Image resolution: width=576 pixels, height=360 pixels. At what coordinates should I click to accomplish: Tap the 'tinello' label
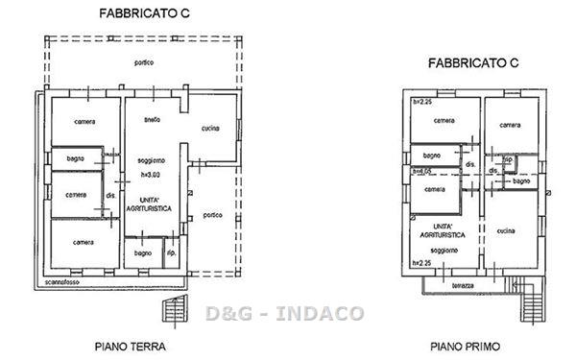coord(153,120)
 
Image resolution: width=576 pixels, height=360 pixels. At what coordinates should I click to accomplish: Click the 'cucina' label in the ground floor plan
coord(211,130)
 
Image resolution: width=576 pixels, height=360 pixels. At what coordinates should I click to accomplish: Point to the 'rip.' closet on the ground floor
coord(171,253)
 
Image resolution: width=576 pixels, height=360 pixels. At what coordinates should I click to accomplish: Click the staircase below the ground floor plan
coord(175,310)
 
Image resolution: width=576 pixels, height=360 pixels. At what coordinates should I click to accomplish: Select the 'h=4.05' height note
coord(420,171)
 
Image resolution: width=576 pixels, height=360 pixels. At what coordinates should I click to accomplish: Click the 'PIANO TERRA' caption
coord(131,346)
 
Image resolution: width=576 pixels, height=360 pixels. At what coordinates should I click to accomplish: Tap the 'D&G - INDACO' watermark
coord(285,313)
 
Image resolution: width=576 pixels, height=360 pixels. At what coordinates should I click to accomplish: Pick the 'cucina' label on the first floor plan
coord(508,230)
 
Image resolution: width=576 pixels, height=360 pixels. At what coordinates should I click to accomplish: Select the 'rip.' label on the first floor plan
coord(508,159)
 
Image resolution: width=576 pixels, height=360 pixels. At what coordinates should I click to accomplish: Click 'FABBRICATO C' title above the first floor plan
coord(473,62)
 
